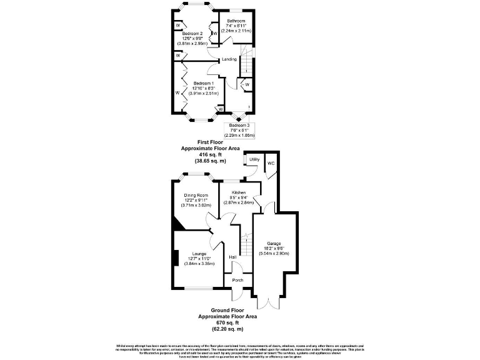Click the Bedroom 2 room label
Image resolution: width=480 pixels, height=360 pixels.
(x=193, y=33)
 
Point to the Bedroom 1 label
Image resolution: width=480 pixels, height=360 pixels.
(x=204, y=83)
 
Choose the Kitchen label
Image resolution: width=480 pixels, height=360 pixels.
(x=239, y=192)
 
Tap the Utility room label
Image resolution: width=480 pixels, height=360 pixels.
(x=254, y=160)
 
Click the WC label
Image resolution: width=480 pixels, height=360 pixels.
(x=271, y=163)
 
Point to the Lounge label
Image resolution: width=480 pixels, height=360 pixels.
(x=199, y=254)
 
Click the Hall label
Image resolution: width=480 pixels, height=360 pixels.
(x=232, y=257)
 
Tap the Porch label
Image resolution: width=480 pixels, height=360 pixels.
(x=237, y=280)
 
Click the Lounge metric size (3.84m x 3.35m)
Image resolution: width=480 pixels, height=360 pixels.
(x=199, y=264)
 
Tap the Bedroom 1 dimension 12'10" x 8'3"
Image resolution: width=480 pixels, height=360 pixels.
(x=204, y=88)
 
